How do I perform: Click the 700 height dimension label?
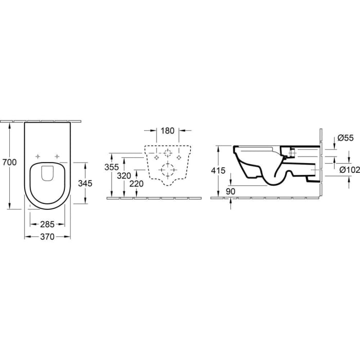point(10,163)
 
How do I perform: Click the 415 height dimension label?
point(218,170)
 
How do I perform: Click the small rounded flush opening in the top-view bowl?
point(47,173)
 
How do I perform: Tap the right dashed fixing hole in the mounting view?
point(179,157)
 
